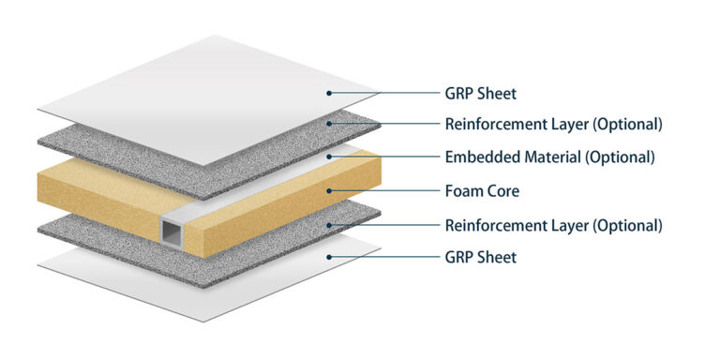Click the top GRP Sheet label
point(480,93)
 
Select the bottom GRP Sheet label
point(480,257)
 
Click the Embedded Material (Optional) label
point(549,157)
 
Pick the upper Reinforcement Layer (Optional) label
point(553,124)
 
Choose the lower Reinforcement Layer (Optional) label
point(553,225)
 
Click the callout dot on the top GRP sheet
point(329,93)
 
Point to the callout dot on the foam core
point(329,191)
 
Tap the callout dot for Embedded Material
point(329,157)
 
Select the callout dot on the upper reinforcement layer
point(329,124)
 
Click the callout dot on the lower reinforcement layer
point(329,225)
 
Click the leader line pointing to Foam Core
point(384,191)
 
